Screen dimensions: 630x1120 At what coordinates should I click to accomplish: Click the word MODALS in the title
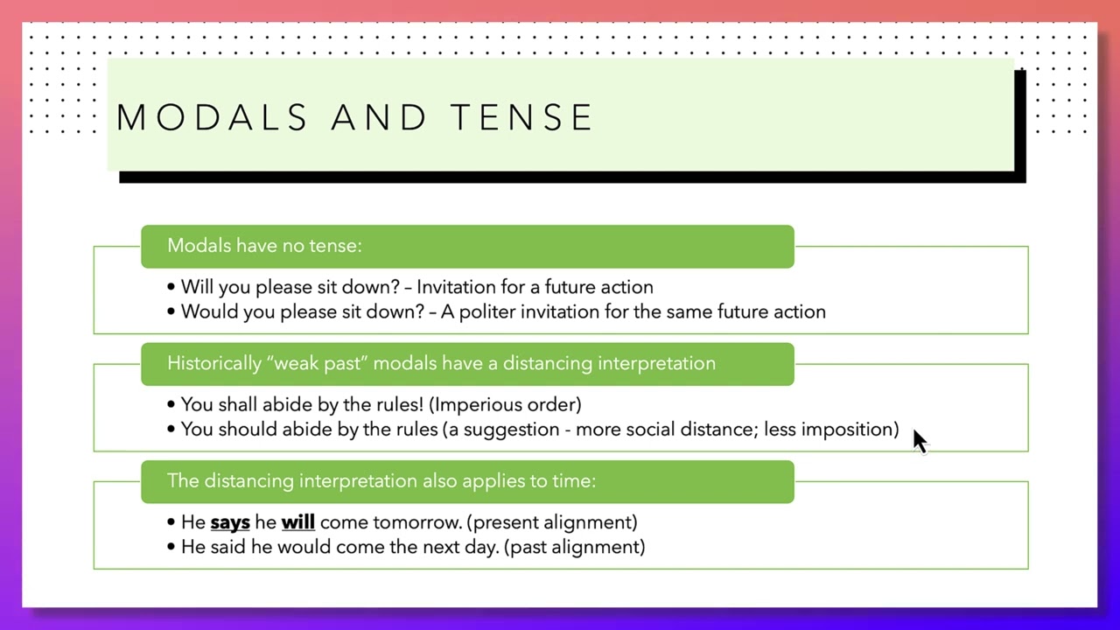point(212,118)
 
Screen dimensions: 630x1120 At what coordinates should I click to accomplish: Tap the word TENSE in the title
point(522,118)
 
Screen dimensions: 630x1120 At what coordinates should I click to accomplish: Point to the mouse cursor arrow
point(919,441)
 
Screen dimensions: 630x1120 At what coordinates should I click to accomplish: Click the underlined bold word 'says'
point(230,522)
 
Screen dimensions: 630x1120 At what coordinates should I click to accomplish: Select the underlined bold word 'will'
point(297,522)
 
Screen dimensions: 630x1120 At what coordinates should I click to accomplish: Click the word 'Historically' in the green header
point(214,363)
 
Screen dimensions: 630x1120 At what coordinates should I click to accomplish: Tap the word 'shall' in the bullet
point(237,404)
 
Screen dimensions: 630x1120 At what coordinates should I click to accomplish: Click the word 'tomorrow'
point(416,522)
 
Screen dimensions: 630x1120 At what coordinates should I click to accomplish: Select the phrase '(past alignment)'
point(575,547)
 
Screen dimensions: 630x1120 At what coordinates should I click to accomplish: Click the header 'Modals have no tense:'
point(264,246)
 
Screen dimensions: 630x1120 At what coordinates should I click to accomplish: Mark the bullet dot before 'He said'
point(171,547)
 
